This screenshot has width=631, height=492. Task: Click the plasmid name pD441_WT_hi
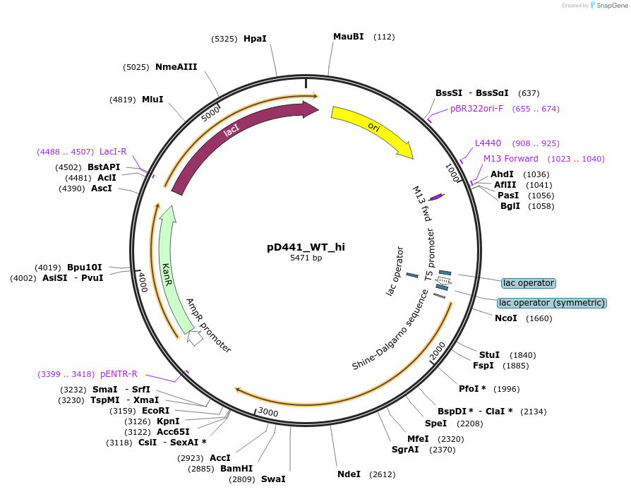[306, 247]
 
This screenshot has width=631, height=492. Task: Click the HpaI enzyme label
[255, 39]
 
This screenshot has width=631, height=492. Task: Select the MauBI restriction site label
[348, 37]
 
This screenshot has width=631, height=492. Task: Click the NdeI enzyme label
[349, 474]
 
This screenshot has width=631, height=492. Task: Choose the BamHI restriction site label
[236, 468]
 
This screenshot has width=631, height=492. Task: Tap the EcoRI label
[155, 411]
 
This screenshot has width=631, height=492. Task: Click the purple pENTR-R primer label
[119, 374]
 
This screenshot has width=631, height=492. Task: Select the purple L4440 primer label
[488, 143]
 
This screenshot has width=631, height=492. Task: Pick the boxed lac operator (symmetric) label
[551, 303]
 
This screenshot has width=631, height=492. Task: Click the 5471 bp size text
[306, 258]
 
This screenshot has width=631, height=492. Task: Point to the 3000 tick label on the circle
[268, 412]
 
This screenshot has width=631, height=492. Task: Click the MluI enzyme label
[152, 100]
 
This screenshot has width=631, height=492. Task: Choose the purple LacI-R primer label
[113, 152]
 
